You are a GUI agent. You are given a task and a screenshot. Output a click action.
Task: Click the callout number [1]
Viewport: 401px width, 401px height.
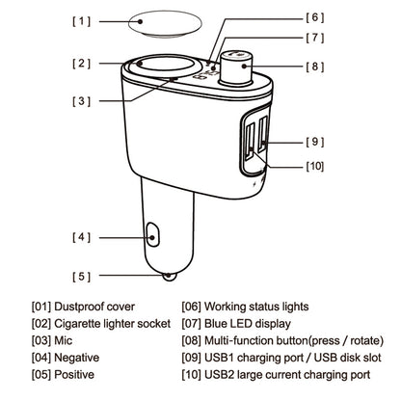[82, 21]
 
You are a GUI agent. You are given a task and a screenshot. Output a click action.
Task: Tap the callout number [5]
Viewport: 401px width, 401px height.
[82, 277]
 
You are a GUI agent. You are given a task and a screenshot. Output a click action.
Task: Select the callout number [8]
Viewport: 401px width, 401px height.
[315, 67]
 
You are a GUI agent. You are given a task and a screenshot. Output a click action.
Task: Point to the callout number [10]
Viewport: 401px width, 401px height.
[315, 166]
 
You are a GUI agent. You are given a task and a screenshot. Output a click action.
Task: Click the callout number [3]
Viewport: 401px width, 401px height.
[82, 101]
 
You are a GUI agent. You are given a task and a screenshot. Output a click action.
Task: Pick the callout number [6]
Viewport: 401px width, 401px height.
[315, 17]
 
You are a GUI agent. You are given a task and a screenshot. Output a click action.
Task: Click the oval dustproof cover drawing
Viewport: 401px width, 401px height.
[165, 24]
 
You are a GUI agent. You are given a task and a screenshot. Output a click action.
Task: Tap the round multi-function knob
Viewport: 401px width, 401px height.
[235, 67]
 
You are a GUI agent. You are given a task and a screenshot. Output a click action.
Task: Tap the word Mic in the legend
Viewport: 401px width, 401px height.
[64, 340]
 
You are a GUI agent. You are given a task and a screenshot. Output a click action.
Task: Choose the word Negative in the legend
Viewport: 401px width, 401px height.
[77, 358]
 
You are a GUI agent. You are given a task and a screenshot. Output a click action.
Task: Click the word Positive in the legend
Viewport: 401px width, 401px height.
[74, 375]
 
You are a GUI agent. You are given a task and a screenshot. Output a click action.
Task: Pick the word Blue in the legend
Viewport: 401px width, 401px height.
[216, 324]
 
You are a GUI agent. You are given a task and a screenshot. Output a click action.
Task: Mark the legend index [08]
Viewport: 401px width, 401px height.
[192, 340]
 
